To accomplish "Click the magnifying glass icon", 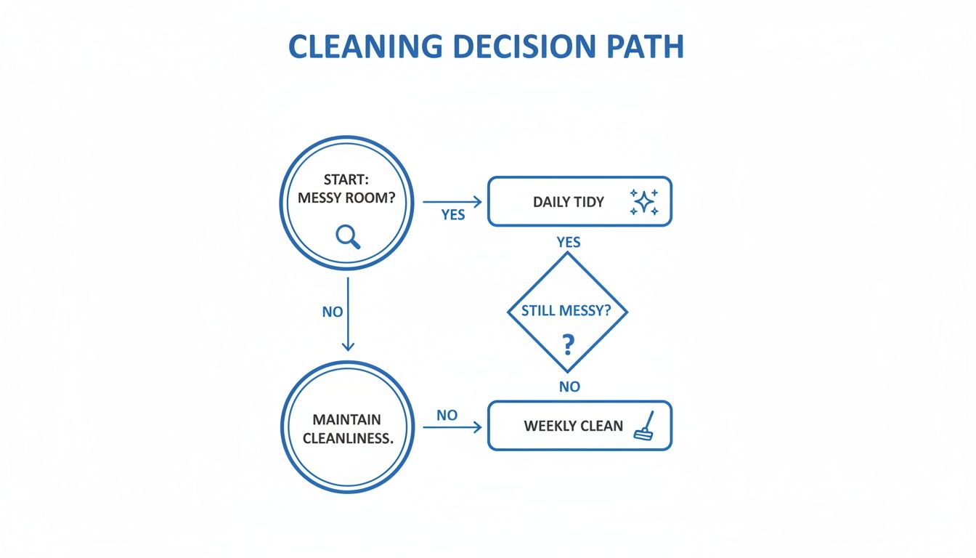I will [348, 236].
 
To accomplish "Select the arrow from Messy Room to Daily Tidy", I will [452, 201].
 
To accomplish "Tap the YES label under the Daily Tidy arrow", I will [452, 215].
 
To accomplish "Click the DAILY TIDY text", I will [568, 202].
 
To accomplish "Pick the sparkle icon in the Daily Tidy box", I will [644, 201].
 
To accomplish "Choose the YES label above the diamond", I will [568, 242].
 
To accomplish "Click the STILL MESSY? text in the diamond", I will [566, 311].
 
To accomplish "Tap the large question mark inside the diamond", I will [568, 342].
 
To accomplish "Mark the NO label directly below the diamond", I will [569, 387].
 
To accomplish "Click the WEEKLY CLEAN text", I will [573, 426].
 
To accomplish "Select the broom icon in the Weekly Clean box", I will [644, 426].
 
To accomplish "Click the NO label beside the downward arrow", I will [332, 312].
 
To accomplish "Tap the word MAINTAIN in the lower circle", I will [346, 420].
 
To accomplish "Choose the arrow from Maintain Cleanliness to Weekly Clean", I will [452, 427].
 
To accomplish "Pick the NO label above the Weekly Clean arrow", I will [447, 415].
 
